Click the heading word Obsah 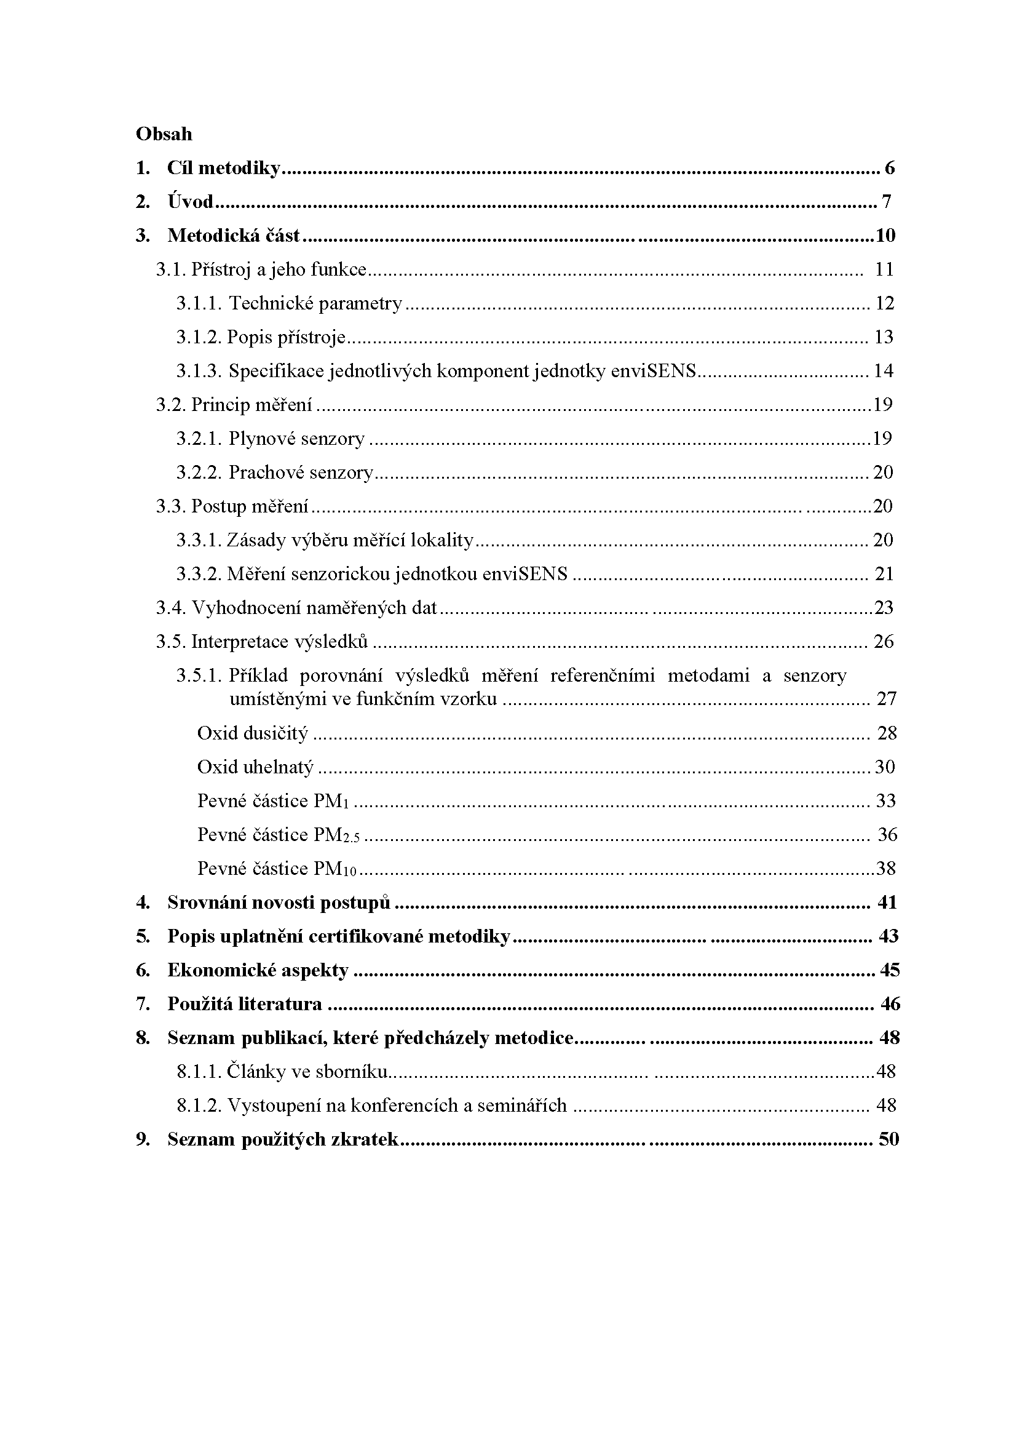(x=164, y=134)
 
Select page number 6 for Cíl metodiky (x=890, y=168)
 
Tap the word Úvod (x=191, y=202)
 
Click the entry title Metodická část (x=234, y=236)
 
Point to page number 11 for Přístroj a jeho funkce (x=884, y=269)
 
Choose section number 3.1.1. (x=198, y=303)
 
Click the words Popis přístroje (x=286, y=337)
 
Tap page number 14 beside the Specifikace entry (x=883, y=371)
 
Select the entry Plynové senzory (x=296, y=439)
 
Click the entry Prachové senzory (x=301, y=472)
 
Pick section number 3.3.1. (x=198, y=540)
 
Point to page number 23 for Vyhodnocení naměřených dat (x=884, y=608)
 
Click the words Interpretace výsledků (x=279, y=642)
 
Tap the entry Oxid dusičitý (x=252, y=733)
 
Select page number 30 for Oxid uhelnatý (x=885, y=767)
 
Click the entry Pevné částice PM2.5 (x=279, y=835)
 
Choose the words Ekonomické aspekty (x=258, y=970)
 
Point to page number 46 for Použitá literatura (x=890, y=1004)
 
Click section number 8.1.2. (x=199, y=1106)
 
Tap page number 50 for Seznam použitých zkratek (x=888, y=1139)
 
